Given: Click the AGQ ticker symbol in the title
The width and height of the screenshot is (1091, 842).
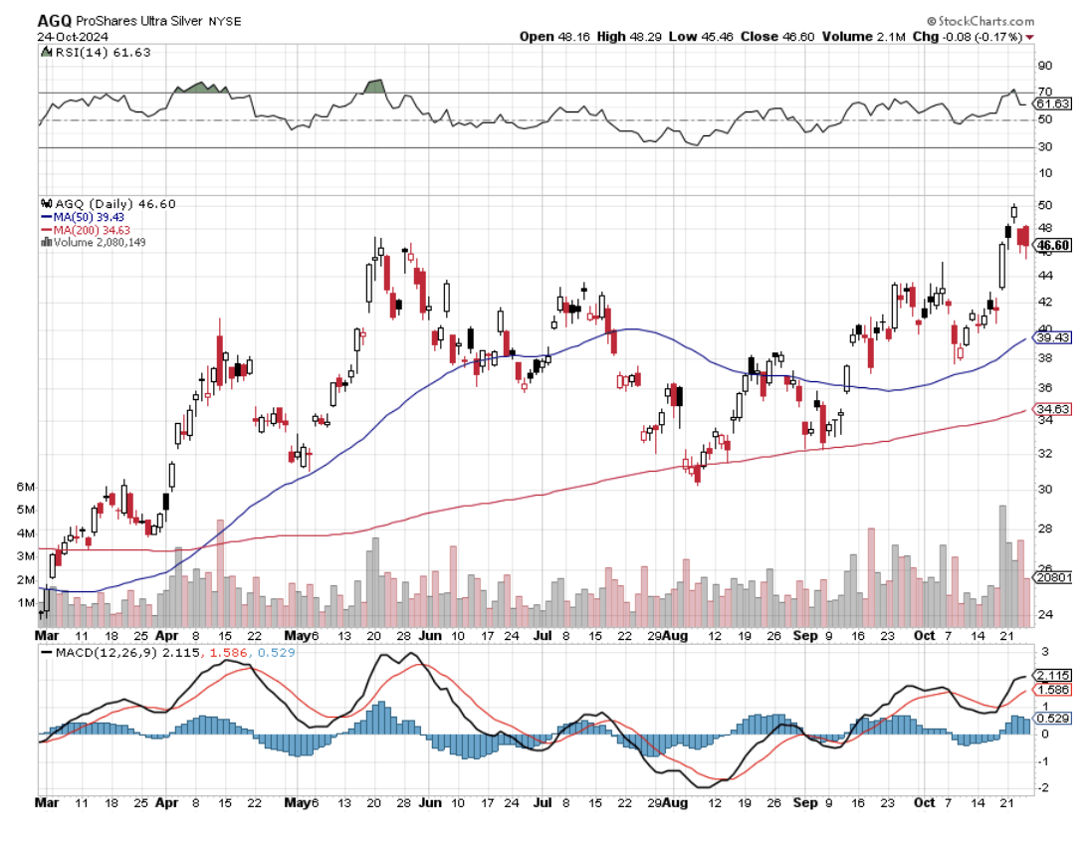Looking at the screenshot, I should tap(54, 21).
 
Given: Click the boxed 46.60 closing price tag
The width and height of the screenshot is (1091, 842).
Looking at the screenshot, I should tap(1053, 245).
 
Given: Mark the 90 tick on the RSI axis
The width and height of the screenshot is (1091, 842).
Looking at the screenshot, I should tap(1044, 66).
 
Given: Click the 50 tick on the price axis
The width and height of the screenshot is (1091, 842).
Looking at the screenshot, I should tap(1044, 204).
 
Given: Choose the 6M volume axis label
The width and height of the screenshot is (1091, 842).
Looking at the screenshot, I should tap(27, 488).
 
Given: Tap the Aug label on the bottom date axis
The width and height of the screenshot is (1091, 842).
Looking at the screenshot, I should tap(678, 801).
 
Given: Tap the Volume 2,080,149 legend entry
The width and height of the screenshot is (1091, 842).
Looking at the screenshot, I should tap(95, 242).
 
